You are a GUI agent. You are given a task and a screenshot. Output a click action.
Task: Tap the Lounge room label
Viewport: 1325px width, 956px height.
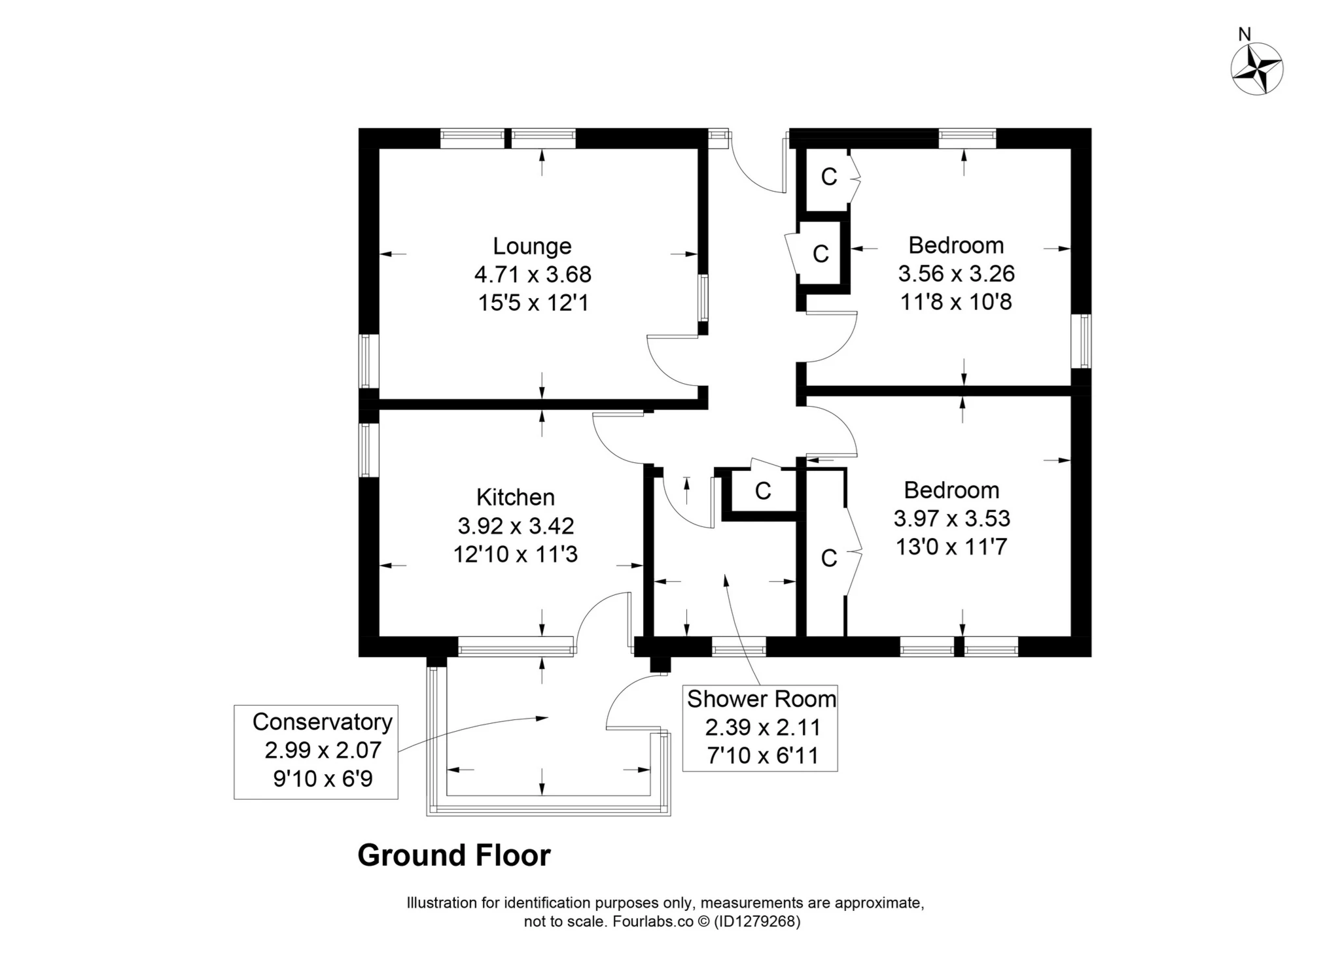[x=532, y=246]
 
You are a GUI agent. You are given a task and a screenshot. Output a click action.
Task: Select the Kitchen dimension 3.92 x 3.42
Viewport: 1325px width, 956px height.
[x=516, y=526]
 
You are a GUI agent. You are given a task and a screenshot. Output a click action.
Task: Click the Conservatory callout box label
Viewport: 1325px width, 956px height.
[x=322, y=722]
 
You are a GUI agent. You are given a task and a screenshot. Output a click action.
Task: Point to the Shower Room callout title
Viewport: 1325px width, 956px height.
[x=761, y=699]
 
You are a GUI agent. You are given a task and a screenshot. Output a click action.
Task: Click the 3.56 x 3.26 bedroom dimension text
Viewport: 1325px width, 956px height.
[x=956, y=273]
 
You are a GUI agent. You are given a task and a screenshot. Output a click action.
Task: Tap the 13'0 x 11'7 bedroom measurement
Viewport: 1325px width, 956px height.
[x=951, y=547]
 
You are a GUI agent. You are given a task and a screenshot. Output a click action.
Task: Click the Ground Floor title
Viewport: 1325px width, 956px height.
[x=454, y=855]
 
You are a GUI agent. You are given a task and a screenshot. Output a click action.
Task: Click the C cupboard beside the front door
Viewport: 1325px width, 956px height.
[x=828, y=177]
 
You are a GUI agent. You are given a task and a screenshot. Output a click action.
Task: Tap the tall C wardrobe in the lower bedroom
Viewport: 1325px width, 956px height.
[x=828, y=558]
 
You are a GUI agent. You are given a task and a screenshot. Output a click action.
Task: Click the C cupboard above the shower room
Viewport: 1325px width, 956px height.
[x=762, y=490]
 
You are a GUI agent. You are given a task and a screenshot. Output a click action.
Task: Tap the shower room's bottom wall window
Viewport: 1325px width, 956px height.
[x=738, y=649]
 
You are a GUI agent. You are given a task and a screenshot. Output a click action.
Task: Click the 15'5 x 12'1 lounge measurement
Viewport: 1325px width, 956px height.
[x=533, y=303]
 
